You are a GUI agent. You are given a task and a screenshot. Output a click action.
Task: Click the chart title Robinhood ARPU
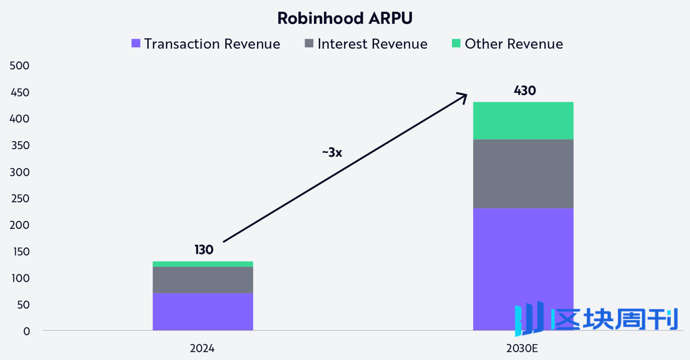[345, 18]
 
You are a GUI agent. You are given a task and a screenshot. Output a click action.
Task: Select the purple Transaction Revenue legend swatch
[136, 43]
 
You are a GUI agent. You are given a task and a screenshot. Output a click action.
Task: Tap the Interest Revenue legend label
[372, 44]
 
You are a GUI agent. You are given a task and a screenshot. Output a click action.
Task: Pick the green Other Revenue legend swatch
[456, 43]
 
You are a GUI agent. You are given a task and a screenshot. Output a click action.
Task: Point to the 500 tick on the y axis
[20, 66]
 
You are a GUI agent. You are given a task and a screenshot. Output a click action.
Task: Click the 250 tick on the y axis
[20, 199]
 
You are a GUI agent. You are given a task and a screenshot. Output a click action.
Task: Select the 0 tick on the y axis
[26, 331]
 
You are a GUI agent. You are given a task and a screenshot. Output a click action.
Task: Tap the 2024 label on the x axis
[202, 348]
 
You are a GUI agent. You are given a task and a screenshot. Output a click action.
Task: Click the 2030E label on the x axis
[522, 348]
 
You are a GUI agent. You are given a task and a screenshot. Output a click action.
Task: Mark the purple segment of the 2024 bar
[203, 311]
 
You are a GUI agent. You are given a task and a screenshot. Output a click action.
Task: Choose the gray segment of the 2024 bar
[203, 280]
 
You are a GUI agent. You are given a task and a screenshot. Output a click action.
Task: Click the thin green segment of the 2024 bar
[203, 264]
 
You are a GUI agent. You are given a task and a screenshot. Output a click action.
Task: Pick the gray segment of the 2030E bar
[523, 174]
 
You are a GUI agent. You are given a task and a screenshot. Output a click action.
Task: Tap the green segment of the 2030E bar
[523, 121]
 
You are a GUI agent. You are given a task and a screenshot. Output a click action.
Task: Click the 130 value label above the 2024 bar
[204, 250]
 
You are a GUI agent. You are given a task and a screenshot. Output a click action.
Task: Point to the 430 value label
[525, 91]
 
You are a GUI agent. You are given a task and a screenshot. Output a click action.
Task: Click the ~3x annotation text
[332, 153]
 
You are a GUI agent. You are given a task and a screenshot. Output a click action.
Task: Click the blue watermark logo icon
[529, 318]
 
